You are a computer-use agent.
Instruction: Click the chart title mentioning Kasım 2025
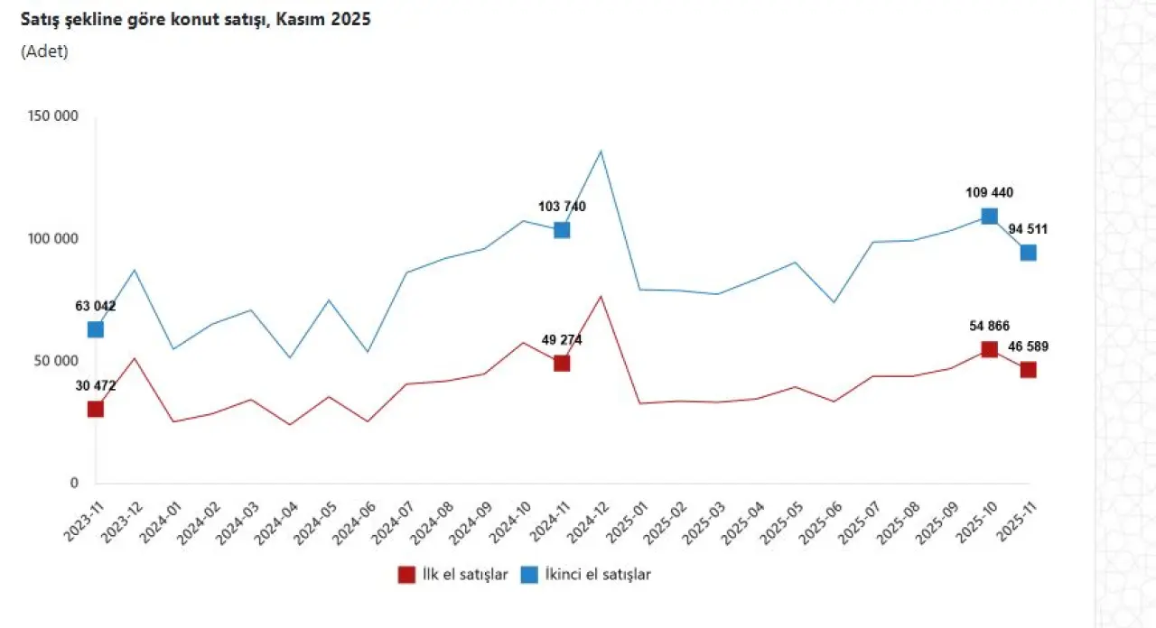coord(196,19)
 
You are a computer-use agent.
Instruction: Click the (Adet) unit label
coord(44,51)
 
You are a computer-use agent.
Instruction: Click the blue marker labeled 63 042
coord(96,329)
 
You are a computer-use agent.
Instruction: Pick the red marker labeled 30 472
coord(96,409)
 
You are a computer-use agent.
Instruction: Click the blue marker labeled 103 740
coord(562,230)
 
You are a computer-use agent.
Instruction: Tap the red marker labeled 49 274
coord(562,363)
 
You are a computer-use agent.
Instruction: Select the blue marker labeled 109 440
coord(989,216)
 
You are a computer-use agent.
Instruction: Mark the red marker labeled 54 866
coord(989,349)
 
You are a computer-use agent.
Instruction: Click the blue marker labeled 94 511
coord(1028,253)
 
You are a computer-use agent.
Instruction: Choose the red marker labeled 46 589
coord(1028,370)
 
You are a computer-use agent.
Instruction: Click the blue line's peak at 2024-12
coord(601,151)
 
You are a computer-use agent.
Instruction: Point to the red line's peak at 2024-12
coord(601,296)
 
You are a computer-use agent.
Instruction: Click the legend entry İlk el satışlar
coord(453,575)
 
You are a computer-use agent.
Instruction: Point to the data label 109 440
coord(989,192)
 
